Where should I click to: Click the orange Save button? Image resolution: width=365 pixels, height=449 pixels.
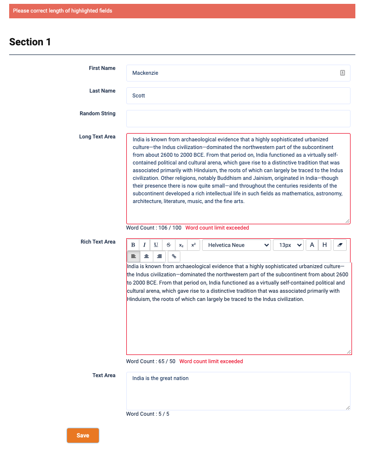[83, 435]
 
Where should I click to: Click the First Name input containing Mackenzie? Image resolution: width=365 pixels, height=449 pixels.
[231, 73]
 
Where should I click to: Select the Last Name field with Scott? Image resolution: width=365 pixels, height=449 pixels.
[238, 95]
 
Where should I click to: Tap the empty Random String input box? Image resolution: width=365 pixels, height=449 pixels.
[238, 118]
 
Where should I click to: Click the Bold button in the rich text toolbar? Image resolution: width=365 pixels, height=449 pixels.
[133, 245]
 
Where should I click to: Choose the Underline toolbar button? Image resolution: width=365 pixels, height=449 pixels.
[156, 245]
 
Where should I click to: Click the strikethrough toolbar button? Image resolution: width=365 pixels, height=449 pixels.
[168, 245]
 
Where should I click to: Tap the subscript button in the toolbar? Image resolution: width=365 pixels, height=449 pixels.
[181, 245]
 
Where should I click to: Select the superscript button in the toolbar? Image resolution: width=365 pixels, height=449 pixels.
[193, 245]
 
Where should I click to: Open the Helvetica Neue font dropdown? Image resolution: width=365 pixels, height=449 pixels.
[236, 245]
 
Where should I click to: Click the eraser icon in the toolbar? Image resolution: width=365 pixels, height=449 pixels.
[339, 245]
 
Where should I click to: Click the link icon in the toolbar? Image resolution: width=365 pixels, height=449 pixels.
[174, 257]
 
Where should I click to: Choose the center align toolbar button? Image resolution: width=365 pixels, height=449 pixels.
[146, 257]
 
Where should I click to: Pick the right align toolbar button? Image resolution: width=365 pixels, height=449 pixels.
[159, 257]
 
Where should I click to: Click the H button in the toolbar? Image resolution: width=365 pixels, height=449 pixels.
[324, 245]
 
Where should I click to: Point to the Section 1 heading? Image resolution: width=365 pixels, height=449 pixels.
[30, 42]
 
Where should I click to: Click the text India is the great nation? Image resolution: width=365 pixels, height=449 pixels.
[161, 378]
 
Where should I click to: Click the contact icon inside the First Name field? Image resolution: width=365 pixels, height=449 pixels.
[342, 73]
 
